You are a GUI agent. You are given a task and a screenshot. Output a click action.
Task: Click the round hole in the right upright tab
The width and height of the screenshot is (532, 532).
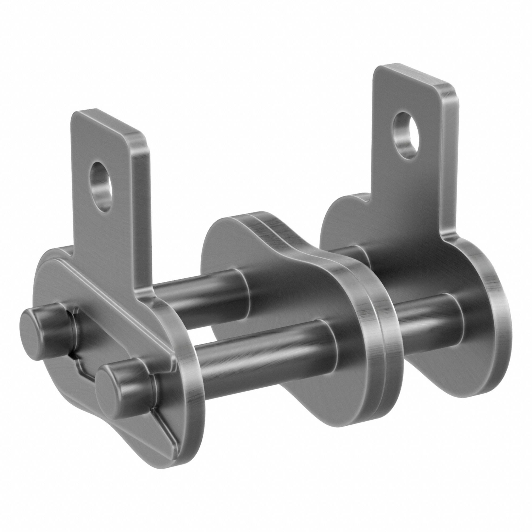(405, 135)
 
